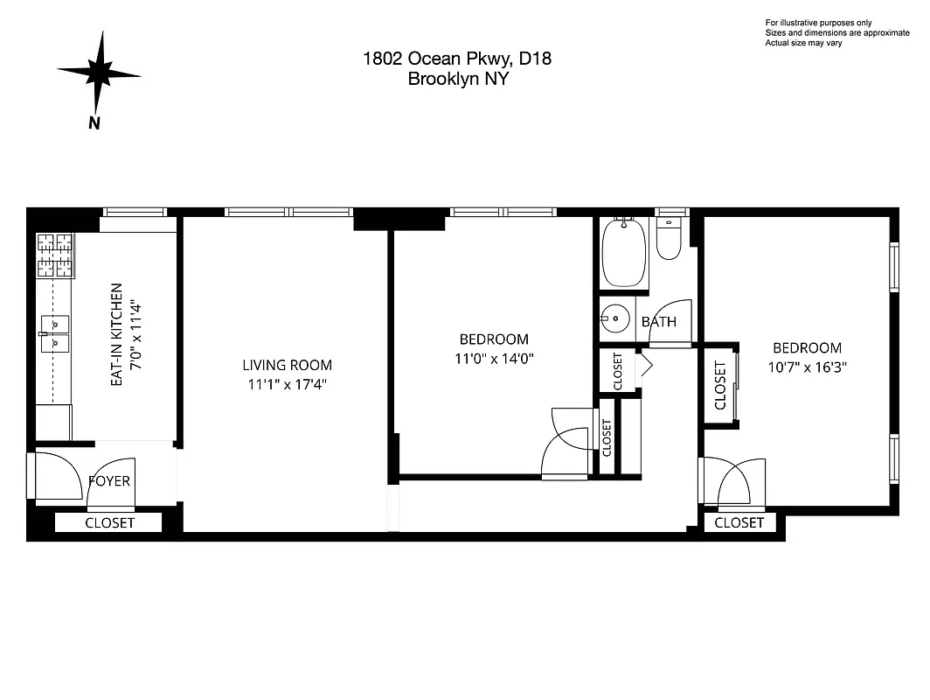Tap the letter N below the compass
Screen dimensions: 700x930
94,122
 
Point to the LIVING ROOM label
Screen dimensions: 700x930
288,365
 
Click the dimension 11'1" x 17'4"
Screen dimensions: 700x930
288,384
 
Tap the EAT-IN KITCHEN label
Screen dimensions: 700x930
116,335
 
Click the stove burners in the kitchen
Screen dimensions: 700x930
53,255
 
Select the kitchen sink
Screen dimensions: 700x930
54,333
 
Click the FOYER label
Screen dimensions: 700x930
110,480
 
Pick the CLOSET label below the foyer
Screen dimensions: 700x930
109,522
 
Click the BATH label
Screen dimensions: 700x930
658,321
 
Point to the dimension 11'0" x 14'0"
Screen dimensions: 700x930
494,358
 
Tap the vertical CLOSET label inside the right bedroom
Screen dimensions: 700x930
720,386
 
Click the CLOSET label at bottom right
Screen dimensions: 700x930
739,522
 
